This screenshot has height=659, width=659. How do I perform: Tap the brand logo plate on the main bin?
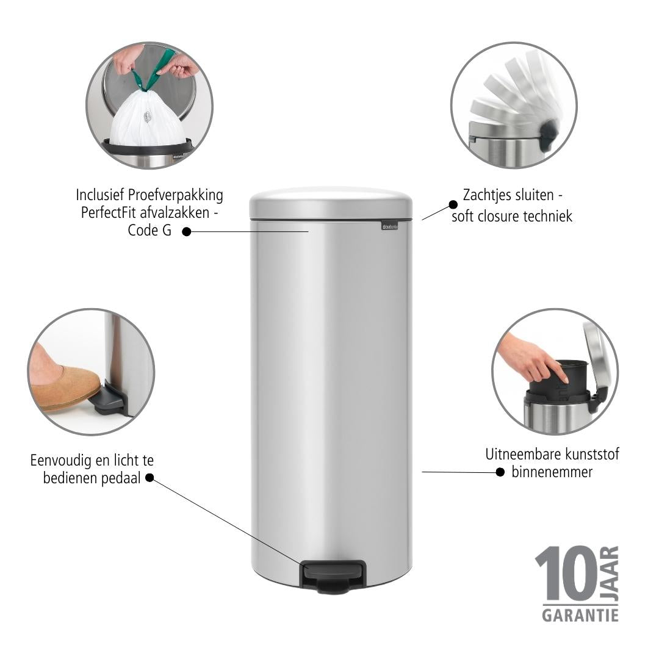click(x=389, y=226)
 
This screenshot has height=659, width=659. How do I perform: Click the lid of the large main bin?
click(x=331, y=203)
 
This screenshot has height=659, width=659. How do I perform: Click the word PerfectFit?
click(x=109, y=213)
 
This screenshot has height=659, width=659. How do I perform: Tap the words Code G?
click(x=149, y=230)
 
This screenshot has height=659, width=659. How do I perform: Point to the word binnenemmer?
click(x=552, y=472)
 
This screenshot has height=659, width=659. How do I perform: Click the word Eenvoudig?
click(x=60, y=461)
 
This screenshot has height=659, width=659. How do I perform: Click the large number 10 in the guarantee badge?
click(x=566, y=573)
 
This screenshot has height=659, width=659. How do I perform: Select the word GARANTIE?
click(x=580, y=615)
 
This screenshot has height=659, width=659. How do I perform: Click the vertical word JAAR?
click(x=610, y=573)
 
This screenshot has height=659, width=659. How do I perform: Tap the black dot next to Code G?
click(x=187, y=232)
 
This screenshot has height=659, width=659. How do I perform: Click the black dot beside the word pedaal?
click(x=149, y=478)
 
